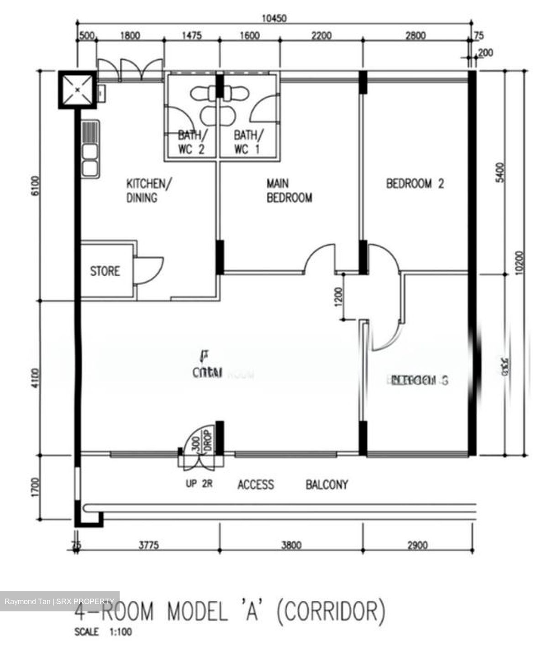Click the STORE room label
tap(105, 271)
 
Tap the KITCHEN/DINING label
tap(148, 190)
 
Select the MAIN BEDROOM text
tap(289, 190)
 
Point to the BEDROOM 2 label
tap(415, 183)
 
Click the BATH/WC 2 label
tap(191, 142)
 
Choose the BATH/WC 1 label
tap(248, 142)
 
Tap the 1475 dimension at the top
tap(192, 36)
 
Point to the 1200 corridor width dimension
tap(338, 297)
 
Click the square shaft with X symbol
tap(77, 89)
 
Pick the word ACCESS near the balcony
tap(256, 484)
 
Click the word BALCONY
tap(326, 484)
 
